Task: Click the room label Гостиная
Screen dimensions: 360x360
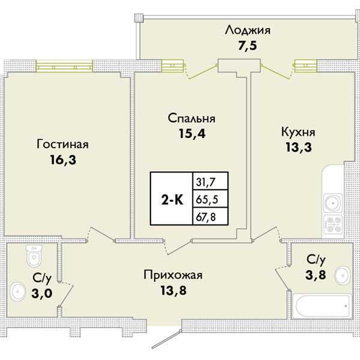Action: pyautogui.click(x=62, y=145)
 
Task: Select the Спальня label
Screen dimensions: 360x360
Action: pyautogui.click(x=191, y=119)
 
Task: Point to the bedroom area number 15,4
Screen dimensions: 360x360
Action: pyautogui.click(x=191, y=134)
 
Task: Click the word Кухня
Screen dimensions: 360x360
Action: pyautogui.click(x=298, y=131)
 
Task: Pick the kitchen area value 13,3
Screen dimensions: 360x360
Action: pyautogui.click(x=298, y=146)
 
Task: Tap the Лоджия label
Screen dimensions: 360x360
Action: pyautogui.click(x=247, y=30)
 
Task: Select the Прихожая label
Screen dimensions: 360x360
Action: pyautogui.click(x=173, y=275)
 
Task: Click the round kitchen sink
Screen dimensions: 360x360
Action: pyautogui.click(x=333, y=202)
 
